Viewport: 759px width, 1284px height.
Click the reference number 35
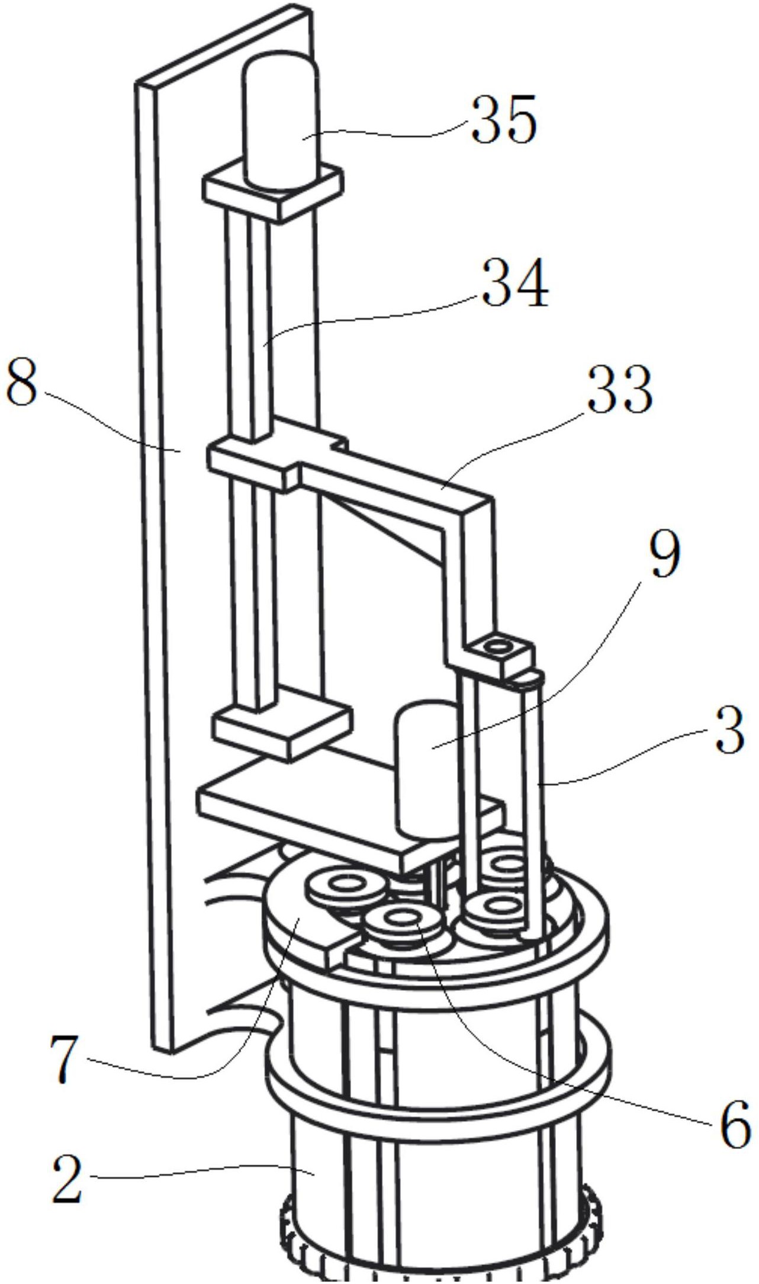tap(504, 120)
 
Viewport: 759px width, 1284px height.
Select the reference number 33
tap(620, 389)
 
